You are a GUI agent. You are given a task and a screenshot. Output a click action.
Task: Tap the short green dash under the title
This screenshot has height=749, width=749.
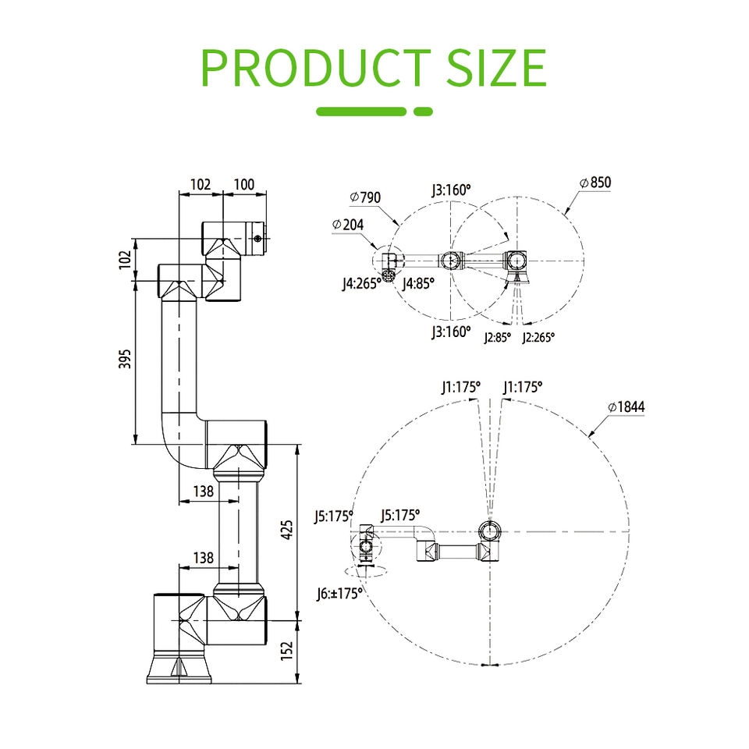[x=423, y=112]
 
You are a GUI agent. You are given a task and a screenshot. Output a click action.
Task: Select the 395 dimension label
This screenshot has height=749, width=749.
[x=125, y=359]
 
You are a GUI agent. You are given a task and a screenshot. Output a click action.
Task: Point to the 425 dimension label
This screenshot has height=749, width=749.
[x=286, y=531]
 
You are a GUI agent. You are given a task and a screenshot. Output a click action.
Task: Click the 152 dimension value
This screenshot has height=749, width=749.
[x=286, y=651]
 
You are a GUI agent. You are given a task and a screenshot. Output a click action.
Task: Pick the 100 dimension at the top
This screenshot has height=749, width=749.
[x=244, y=184]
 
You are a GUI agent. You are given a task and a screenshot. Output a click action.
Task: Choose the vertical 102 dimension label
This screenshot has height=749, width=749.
[x=125, y=260]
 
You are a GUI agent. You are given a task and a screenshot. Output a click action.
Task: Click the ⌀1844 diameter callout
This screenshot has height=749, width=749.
[x=627, y=407]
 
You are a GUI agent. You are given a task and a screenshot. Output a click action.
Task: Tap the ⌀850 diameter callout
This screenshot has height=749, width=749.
[x=595, y=183]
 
